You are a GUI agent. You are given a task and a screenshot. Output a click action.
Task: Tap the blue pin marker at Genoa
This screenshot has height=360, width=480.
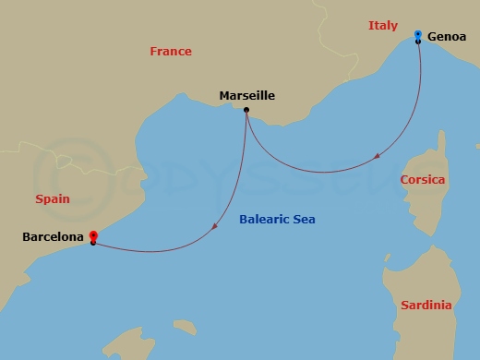click(418, 36)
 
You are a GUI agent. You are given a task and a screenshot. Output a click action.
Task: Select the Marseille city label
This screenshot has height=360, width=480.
click(246, 95)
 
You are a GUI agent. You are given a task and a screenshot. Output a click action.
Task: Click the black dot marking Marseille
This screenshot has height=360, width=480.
click(246, 111)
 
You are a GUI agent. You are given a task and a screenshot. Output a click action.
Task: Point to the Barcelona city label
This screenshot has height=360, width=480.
click(53, 237)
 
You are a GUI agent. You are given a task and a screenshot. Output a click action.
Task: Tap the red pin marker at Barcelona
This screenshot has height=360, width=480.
click(93, 236)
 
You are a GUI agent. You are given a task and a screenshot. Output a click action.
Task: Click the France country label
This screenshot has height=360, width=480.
click(171, 52)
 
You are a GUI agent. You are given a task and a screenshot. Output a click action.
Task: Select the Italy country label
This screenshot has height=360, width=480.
click(382, 26)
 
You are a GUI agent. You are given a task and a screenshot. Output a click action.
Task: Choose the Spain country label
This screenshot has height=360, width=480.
click(53, 198)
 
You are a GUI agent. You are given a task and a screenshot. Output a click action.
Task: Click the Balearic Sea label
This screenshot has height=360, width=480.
click(277, 220)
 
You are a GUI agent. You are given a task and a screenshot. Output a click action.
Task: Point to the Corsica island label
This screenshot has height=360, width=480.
click(423, 179)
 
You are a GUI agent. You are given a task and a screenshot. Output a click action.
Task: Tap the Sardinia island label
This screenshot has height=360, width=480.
click(426, 305)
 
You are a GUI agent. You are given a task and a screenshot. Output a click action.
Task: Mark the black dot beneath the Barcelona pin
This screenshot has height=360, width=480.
click(93, 243)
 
